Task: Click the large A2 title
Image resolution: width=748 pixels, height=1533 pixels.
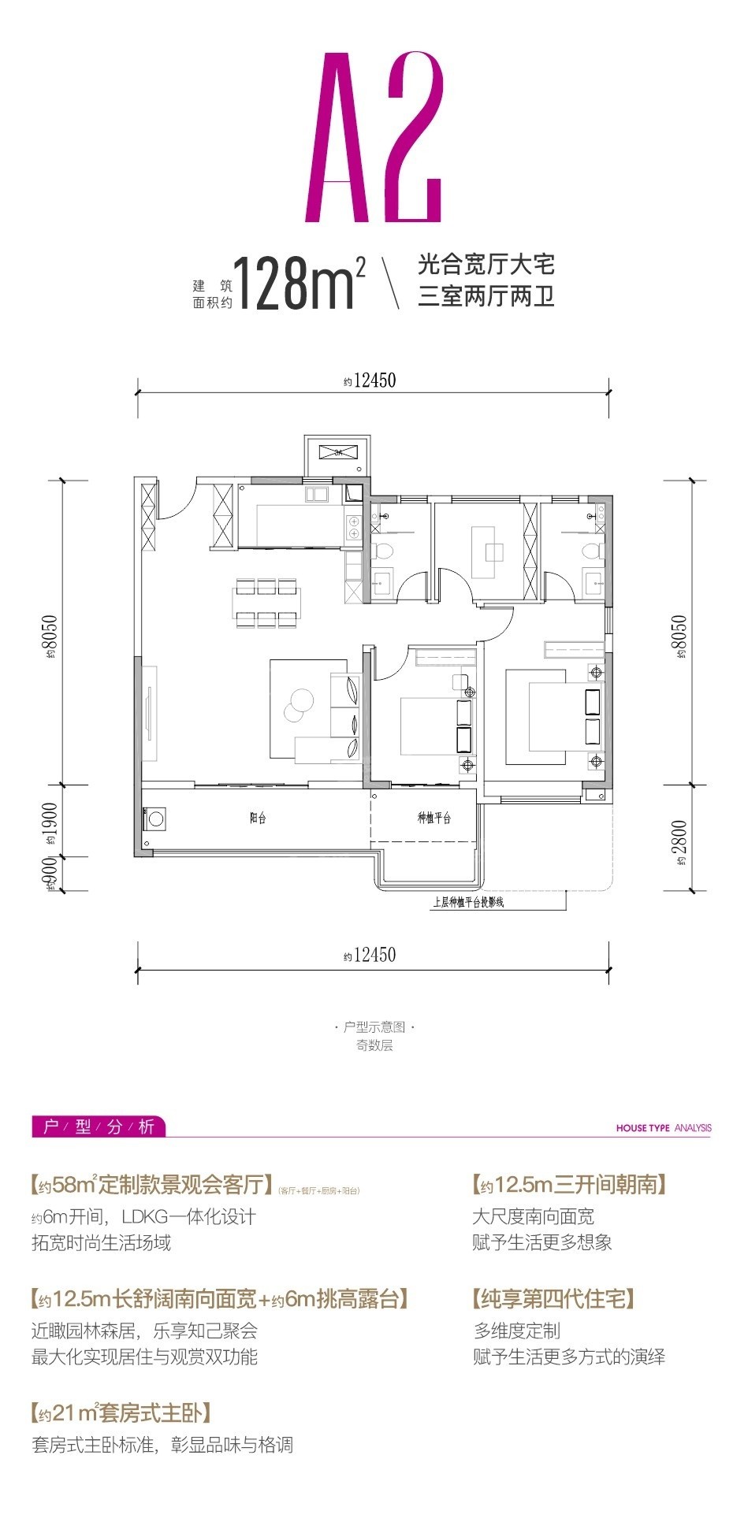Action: click(x=374, y=138)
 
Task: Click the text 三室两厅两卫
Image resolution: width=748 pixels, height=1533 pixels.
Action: click(x=486, y=298)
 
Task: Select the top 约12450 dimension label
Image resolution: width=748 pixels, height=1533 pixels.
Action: click(x=370, y=381)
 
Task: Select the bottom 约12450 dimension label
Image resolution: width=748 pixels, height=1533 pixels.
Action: click(x=370, y=956)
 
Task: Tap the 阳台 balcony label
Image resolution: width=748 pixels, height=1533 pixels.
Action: click(x=258, y=818)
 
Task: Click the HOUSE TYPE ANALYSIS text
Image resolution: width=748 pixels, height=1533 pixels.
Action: click(x=663, y=1128)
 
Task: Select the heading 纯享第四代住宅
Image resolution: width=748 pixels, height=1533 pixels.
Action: click(x=553, y=1298)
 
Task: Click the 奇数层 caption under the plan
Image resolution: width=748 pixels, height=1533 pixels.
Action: click(x=374, y=1046)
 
